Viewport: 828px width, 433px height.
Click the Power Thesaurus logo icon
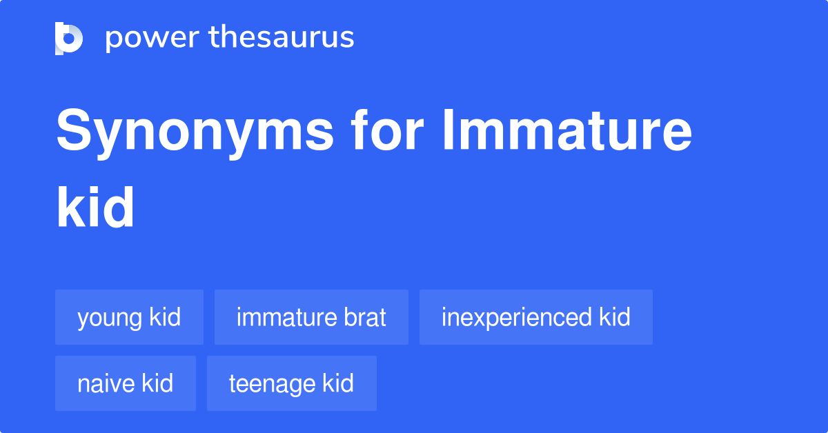tap(69, 39)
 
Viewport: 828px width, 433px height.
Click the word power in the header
tap(152, 39)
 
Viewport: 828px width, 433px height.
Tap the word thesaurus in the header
tap(282, 37)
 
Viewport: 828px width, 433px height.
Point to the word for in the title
tap(387, 130)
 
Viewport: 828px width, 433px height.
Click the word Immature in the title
tap(567, 130)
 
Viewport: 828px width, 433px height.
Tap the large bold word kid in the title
tap(95, 207)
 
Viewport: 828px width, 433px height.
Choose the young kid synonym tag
tap(130, 317)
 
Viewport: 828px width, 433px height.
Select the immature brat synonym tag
tap(311, 317)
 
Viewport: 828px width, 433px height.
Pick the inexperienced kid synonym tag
tap(536, 317)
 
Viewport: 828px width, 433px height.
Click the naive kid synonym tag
tap(126, 383)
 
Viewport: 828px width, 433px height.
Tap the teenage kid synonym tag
tap(292, 383)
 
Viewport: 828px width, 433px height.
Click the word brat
tap(365, 317)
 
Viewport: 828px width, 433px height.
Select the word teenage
tap(272, 385)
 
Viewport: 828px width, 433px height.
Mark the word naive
tap(106, 383)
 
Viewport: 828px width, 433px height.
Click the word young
tap(110, 319)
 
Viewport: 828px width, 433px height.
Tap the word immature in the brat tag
tap(287, 317)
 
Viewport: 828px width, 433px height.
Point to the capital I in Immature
tap(448, 130)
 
